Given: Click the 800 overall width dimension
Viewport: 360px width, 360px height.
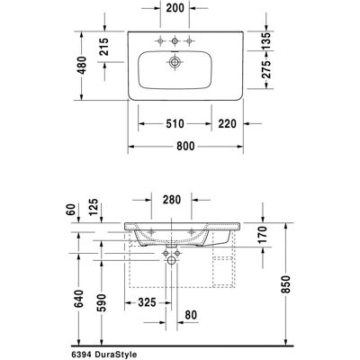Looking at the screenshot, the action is pyautogui.click(x=185, y=147).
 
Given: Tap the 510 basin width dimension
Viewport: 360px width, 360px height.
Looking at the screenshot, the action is pyautogui.click(x=175, y=123).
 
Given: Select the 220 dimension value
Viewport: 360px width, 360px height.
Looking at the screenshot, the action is pyautogui.click(x=227, y=123).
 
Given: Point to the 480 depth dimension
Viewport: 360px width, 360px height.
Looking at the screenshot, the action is pyautogui.click(x=82, y=65).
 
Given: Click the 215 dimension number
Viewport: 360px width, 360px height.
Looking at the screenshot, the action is pyautogui.click(x=104, y=47).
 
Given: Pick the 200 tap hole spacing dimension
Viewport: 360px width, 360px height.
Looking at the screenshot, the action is pyautogui.click(x=175, y=8).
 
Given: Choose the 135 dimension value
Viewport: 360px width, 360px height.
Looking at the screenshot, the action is pyautogui.click(x=265, y=40).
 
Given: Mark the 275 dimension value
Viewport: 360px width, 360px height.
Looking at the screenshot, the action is pyautogui.click(x=265, y=69).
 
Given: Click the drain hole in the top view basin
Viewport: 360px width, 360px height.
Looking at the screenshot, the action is pyautogui.click(x=175, y=62).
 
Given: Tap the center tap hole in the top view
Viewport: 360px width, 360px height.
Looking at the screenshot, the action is pyautogui.click(x=175, y=40).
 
